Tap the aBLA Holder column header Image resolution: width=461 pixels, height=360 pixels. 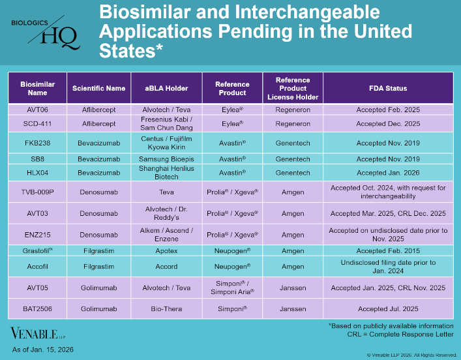[166, 88]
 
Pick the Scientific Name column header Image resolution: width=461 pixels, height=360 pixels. [98, 88]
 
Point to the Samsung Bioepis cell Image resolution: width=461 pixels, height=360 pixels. [166, 158]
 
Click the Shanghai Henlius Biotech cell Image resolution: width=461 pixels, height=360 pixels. [166, 173]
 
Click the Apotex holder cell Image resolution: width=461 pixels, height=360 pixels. [166, 250]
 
